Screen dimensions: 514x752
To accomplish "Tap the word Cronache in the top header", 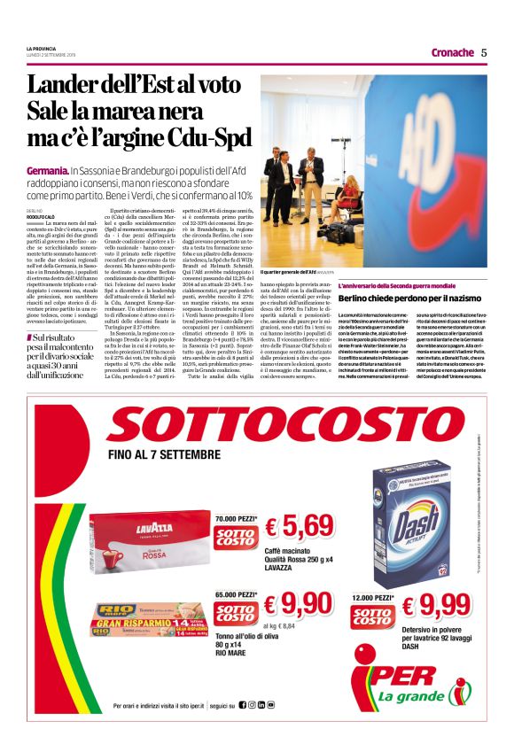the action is pyautogui.click(x=452, y=52).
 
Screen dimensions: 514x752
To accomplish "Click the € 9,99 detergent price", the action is pyautogui.click(x=434, y=606).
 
